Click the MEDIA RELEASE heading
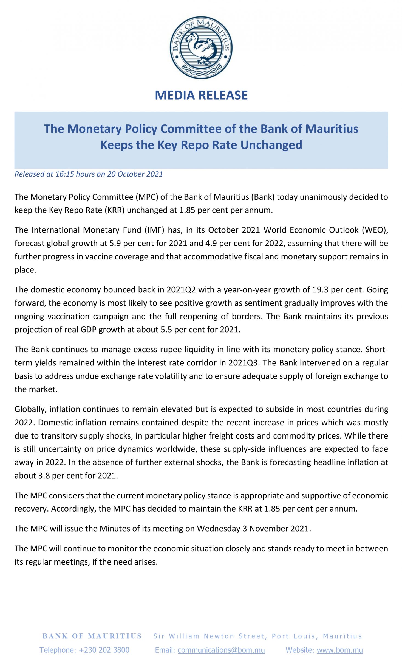tap(201, 95)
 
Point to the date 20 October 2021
tap(135, 174)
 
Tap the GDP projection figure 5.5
tap(166, 329)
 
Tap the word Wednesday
tap(218, 529)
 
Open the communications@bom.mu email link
tap(221, 650)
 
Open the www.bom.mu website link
tap(339, 650)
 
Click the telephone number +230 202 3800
tap(104, 650)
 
